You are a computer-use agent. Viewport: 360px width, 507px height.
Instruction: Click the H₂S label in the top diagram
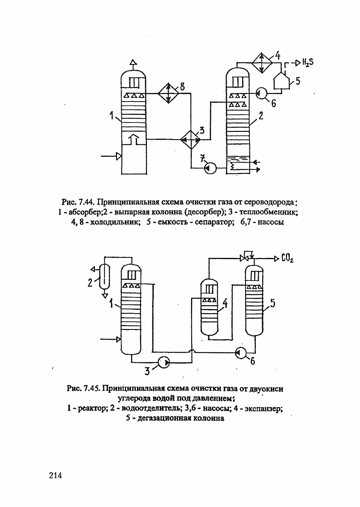(x=307, y=62)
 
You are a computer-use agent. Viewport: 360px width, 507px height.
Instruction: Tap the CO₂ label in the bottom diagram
(x=287, y=259)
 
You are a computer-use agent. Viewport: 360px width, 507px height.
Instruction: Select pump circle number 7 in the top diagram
(x=210, y=168)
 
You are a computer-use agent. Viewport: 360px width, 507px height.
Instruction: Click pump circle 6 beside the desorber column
(x=262, y=93)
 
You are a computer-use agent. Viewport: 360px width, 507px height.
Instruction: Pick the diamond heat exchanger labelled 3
(x=190, y=140)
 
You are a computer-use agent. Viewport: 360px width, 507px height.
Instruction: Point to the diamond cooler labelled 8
(x=168, y=93)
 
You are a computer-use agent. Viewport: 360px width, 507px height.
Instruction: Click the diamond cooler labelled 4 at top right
(x=262, y=62)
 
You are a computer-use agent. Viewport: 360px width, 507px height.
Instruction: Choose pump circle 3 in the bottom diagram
(x=163, y=362)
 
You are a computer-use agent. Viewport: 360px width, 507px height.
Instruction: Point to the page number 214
(x=56, y=475)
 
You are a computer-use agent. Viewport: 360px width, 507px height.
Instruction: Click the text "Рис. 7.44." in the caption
(x=77, y=203)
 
